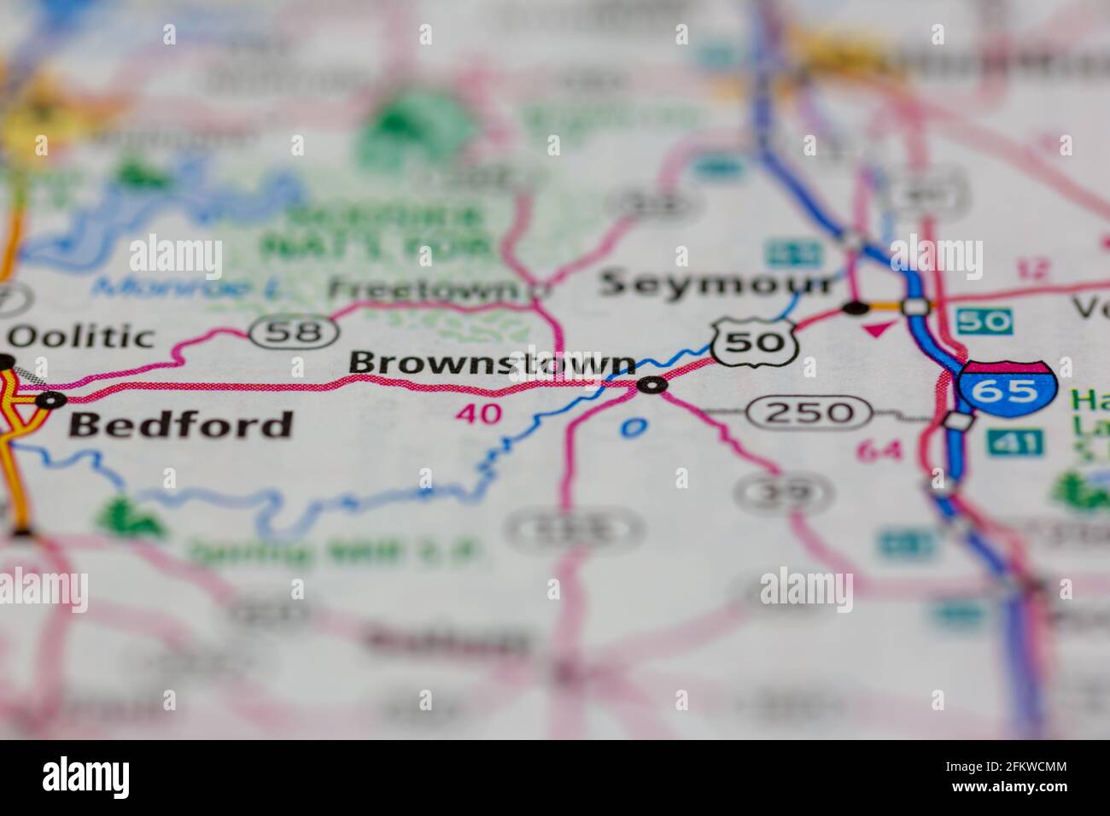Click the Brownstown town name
click(492, 363)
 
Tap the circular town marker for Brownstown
click(652, 387)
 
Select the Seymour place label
click(716, 283)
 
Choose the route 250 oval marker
click(809, 413)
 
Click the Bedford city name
click(181, 424)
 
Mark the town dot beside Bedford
click(53, 399)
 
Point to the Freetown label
click(424, 290)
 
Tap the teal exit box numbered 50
click(984, 321)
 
